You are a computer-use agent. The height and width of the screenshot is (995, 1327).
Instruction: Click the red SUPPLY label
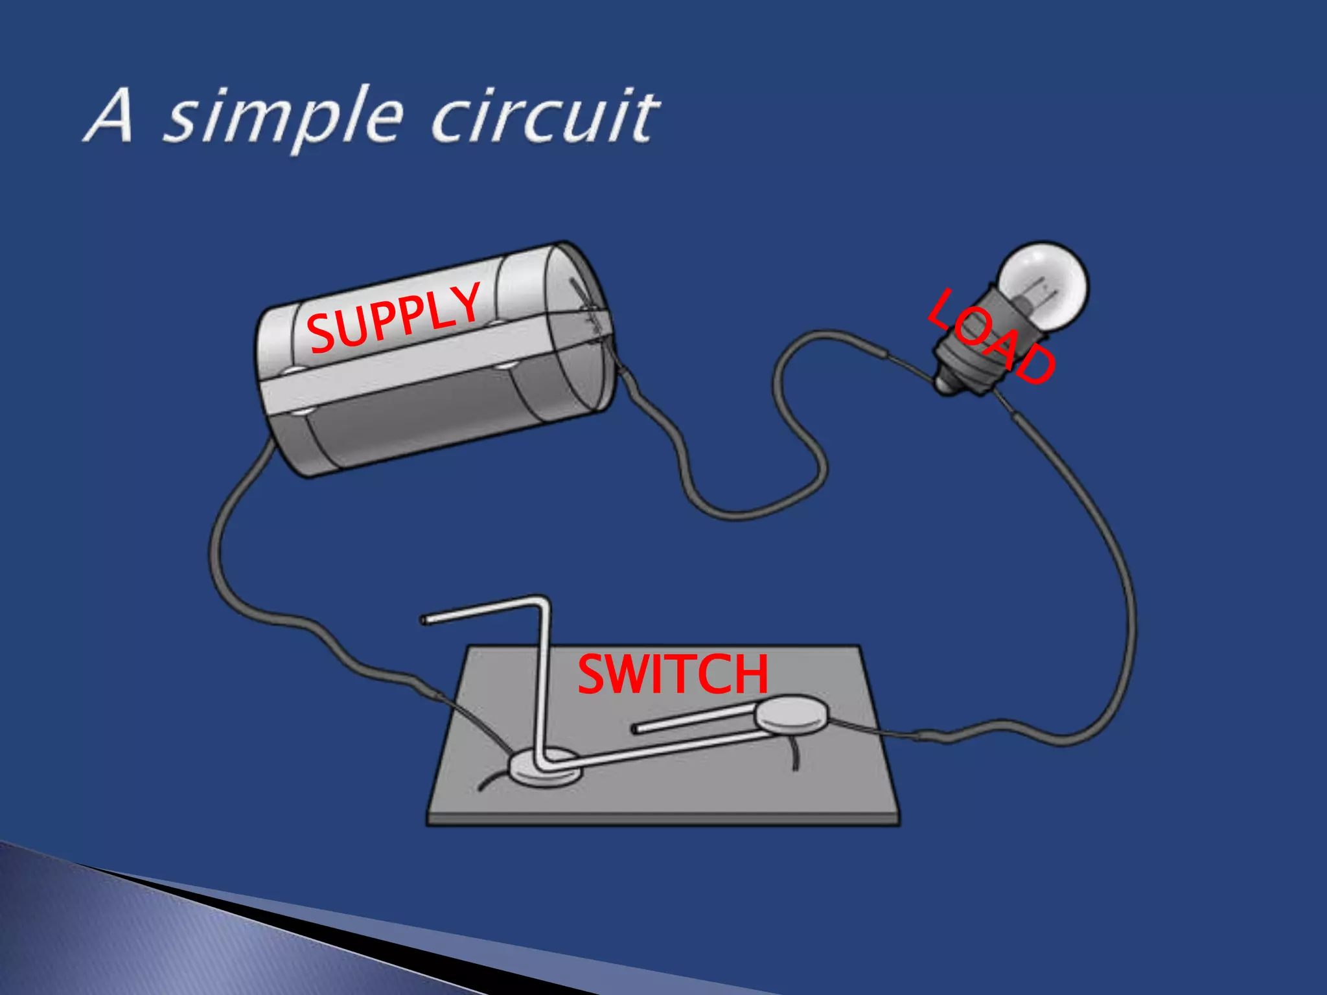coord(394,319)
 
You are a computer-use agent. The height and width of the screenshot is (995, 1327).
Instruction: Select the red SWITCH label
coord(673,674)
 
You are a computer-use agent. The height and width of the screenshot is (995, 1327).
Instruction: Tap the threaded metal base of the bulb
coord(959,369)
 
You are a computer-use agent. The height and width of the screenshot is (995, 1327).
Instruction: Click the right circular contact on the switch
coord(792,715)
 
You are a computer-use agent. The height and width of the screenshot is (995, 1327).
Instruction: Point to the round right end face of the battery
coord(579,324)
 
